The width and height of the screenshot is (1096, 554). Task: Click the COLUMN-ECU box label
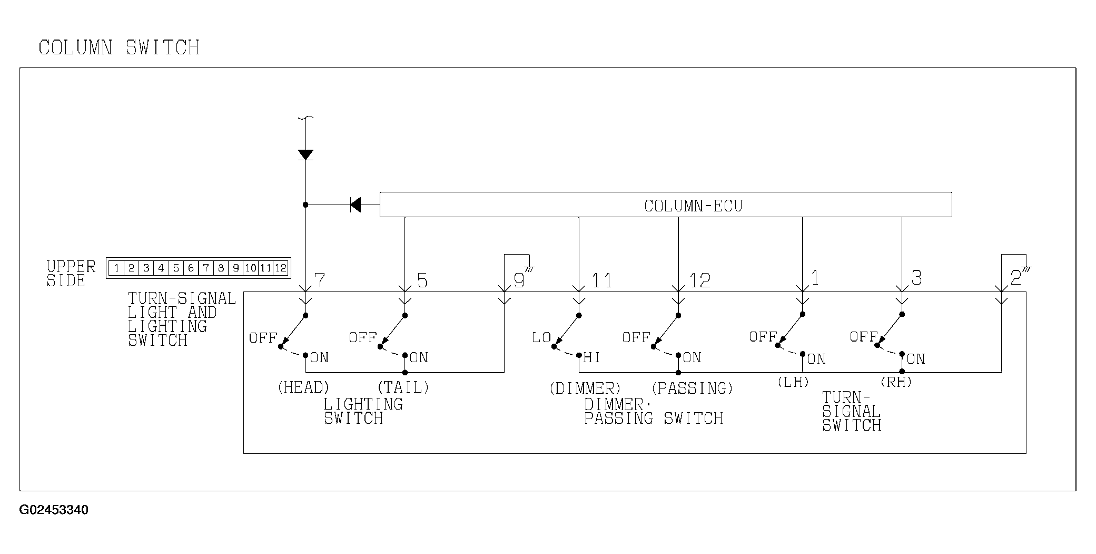point(693,206)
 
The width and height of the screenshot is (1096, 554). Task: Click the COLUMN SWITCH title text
point(119,47)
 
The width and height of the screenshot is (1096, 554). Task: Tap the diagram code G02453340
point(54,510)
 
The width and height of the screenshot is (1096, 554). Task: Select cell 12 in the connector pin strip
point(281,268)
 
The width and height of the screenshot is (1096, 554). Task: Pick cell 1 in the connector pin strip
point(116,268)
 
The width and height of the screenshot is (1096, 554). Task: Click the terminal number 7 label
point(319,280)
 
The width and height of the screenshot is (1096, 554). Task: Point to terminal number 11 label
point(601,281)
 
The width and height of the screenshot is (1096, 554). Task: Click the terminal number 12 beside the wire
point(700,281)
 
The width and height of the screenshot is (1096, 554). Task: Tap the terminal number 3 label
point(916,278)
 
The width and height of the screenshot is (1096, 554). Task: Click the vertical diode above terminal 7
point(305,154)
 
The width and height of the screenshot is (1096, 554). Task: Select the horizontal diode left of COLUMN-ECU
point(356,205)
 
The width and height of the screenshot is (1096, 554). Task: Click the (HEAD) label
point(303,387)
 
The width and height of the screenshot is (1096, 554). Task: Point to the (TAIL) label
point(403,387)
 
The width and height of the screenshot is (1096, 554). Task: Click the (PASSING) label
point(692,388)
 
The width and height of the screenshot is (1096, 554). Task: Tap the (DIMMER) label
point(585,388)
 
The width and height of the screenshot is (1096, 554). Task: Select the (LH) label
point(793,382)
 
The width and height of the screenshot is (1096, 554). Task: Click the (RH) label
point(896,382)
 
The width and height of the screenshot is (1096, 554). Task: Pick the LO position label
point(541,338)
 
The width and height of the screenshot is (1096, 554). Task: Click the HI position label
point(591,358)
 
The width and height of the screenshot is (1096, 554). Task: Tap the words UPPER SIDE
point(71,274)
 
